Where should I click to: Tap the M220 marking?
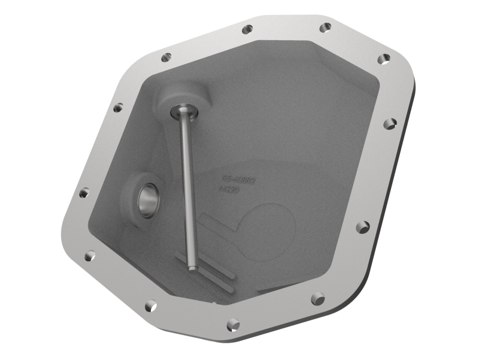coord(230,190)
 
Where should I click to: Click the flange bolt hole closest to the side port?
coord(84,193)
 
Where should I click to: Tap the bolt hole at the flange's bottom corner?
coord(234,325)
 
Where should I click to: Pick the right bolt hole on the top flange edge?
coord(325,27)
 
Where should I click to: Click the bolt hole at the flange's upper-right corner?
coord(385,58)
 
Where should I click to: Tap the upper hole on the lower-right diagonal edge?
coord(362,227)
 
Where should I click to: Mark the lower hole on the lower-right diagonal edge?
coord(318,298)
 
